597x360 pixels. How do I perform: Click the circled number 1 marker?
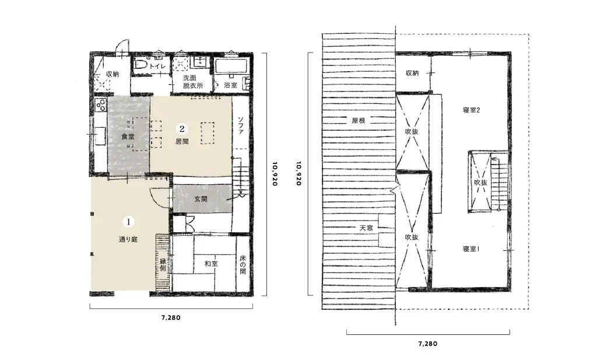tap(129, 222)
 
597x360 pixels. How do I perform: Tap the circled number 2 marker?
tap(182, 129)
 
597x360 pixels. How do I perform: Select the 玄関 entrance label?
tap(201, 199)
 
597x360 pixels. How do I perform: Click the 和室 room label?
tap(210, 263)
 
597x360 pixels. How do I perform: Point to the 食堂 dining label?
tap(128, 137)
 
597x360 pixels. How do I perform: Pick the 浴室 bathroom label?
tap(231, 85)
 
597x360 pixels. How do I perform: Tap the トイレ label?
tap(157, 67)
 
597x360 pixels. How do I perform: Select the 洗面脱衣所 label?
tap(193, 82)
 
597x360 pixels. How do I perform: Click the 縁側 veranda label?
tap(163, 265)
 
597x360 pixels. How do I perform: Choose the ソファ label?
tap(241, 125)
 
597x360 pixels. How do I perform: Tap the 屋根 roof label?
tap(359, 121)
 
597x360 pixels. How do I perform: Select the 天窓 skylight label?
tap(366, 228)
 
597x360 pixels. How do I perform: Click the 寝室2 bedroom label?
tap(471, 110)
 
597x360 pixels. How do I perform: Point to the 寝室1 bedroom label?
tap(471, 249)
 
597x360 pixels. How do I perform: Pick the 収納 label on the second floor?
tap(412, 73)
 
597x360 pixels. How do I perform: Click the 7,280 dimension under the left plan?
tap(171, 318)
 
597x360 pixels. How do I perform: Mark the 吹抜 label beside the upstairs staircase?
tap(480, 183)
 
